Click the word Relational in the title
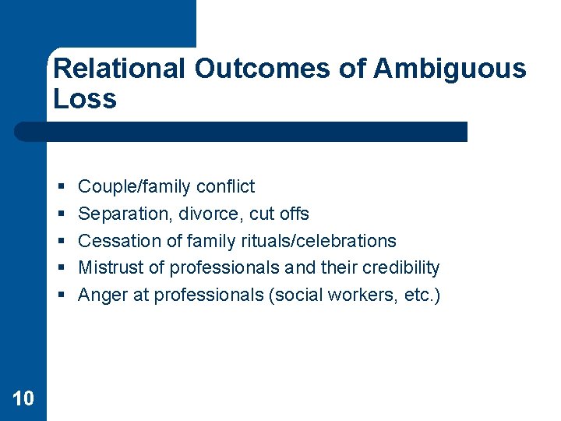(x=119, y=69)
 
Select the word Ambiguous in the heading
(x=450, y=69)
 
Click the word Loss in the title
(x=85, y=99)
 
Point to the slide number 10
(x=23, y=399)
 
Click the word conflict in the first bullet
(x=226, y=186)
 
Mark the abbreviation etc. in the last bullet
(x=422, y=295)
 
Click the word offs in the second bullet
(x=293, y=214)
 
